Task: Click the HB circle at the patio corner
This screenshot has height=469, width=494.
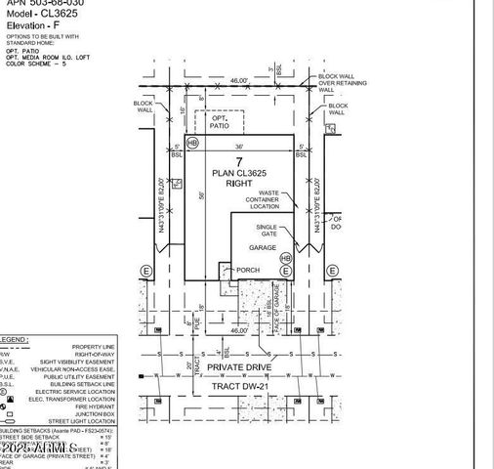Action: [192, 143]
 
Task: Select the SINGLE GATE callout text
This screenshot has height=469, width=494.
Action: [268, 231]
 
